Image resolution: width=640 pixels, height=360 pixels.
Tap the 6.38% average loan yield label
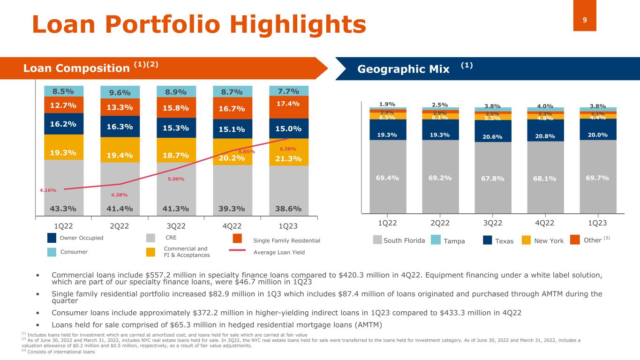pos(288,149)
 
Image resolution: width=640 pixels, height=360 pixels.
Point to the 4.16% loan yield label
pos(48,190)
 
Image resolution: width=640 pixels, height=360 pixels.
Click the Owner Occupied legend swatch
pos(52,238)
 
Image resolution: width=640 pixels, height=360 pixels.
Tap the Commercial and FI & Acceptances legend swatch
pos(151,252)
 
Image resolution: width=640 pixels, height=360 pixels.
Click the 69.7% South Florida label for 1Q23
pos(597,178)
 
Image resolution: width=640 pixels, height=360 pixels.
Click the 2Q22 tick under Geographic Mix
pos(440,223)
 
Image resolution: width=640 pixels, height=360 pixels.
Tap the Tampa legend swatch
pos(436,240)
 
